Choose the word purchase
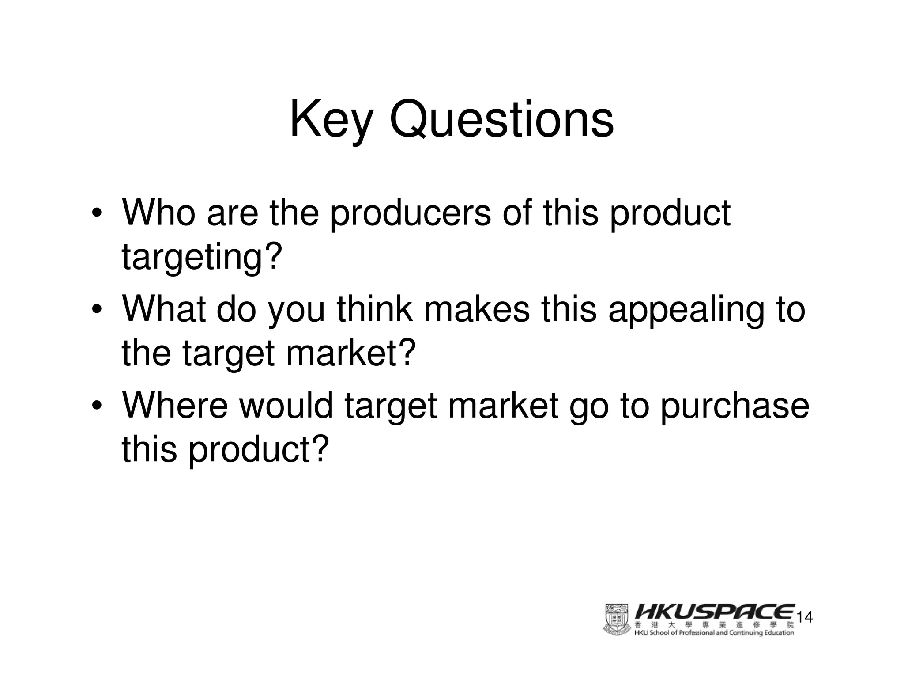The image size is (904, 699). click(x=734, y=407)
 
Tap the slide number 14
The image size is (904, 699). click(x=805, y=617)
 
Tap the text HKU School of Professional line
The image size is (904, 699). click(x=714, y=633)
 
